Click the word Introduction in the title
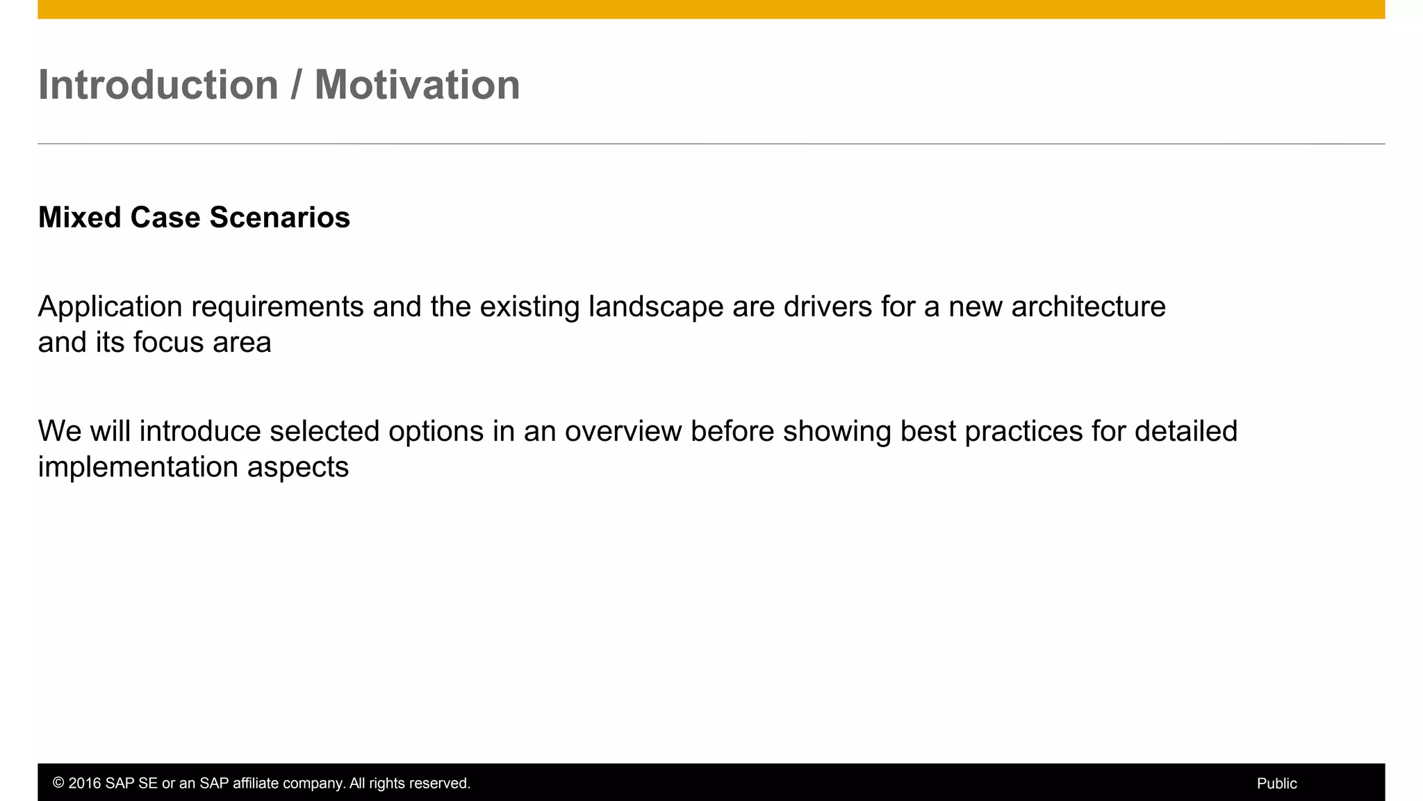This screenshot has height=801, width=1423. pyautogui.click(x=158, y=85)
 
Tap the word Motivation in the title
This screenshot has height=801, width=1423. pyautogui.click(x=417, y=85)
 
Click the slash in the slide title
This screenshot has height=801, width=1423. pyautogui.click(x=297, y=85)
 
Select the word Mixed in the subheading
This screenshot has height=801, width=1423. pyautogui.click(x=79, y=218)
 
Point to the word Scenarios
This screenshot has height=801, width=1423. pyautogui.click(x=280, y=218)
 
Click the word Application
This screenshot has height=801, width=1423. pyautogui.click(x=110, y=307)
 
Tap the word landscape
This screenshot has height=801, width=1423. pyautogui.click(x=655, y=307)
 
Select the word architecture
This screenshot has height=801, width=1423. pyautogui.click(x=1088, y=307)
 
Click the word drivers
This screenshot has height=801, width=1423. pyautogui.click(x=828, y=307)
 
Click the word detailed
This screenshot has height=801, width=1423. pyautogui.click(x=1185, y=431)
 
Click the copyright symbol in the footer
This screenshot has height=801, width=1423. pyautogui.click(x=58, y=784)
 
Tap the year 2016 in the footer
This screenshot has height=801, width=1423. pyautogui.click(x=84, y=784)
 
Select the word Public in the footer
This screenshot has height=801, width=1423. pyautogui.click(x=1276, y=784)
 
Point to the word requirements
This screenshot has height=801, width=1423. pyautogui.click(x=277, y=307)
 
